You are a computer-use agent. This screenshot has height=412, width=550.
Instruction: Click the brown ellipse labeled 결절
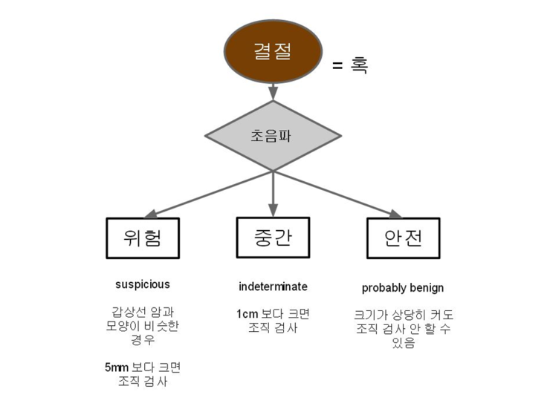pyautogui.click(x=274, y=51)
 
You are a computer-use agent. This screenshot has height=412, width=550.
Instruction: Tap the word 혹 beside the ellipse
pyautogui.click(x=360, y=65)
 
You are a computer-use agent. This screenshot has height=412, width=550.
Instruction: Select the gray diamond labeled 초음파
pyautogui.click(x=273, y=136)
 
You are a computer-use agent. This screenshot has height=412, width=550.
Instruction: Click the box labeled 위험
pyautogui.click(x=143, y=238)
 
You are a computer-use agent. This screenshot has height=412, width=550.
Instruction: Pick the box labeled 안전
pyautogui.click(x=404, y=238)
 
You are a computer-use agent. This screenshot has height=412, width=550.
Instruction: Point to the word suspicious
pyautogui.click(x=143, y=284)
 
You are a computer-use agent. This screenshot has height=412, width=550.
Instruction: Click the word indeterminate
pyautogui.click(x=273, y=287)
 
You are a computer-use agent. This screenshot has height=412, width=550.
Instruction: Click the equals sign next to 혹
pyautogui.click(x=337, y=66)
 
